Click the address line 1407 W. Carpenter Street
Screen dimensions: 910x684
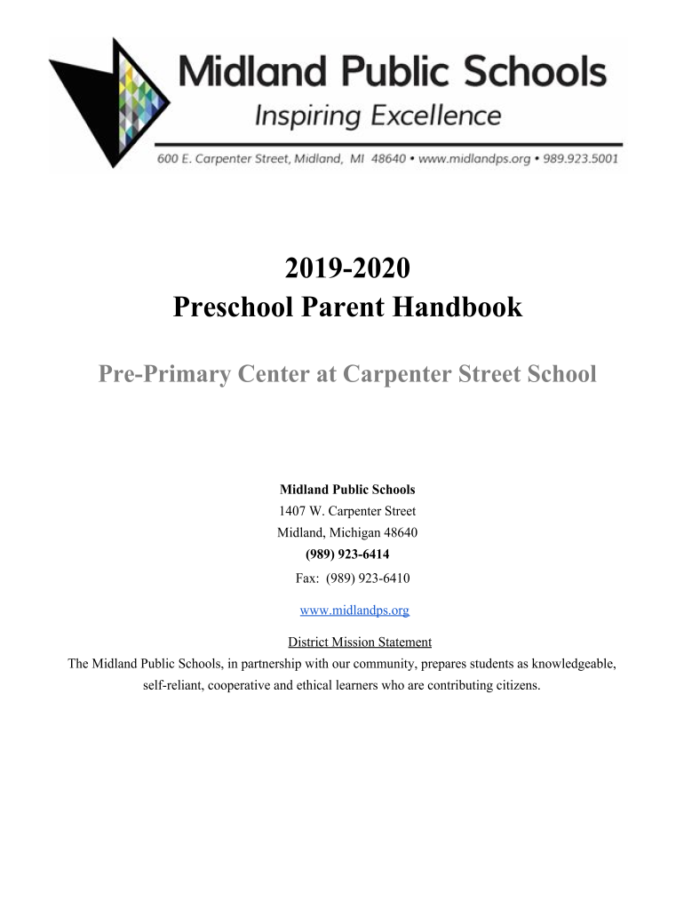coord(347,511)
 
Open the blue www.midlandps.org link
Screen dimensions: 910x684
coord(354,611)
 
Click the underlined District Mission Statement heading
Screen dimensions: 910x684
coord(360,642)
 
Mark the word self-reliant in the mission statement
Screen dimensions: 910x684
coord(173,686)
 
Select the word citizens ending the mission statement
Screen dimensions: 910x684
coord(515,686)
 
